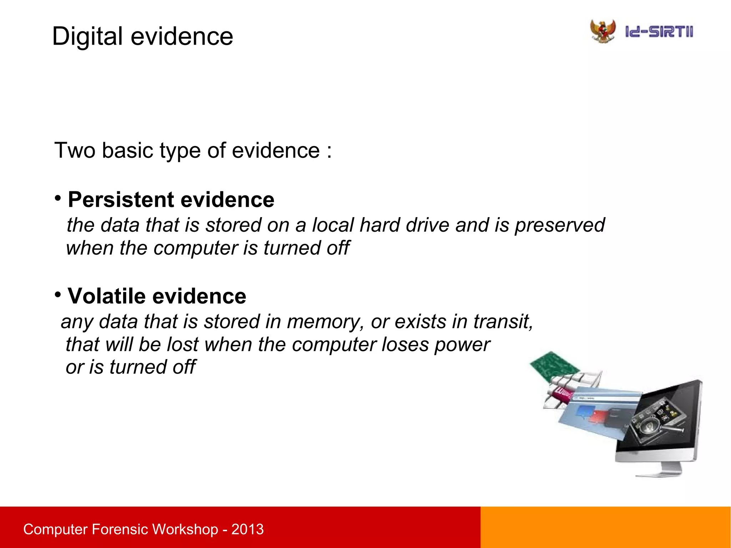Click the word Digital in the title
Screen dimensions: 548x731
pos(87,36)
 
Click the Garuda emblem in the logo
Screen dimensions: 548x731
pos(603,31)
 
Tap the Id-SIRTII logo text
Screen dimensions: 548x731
pos(659,32)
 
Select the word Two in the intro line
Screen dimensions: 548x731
pos(75,150)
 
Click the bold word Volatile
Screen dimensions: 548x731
pos(107,296)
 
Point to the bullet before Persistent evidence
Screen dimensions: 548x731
pos(58,198)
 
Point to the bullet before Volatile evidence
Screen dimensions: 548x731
pos(58,295)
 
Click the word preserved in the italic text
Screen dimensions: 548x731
pos(559,225)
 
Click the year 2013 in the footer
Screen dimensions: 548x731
pos(247,529)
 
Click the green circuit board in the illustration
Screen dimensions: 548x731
pos(552,366)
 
